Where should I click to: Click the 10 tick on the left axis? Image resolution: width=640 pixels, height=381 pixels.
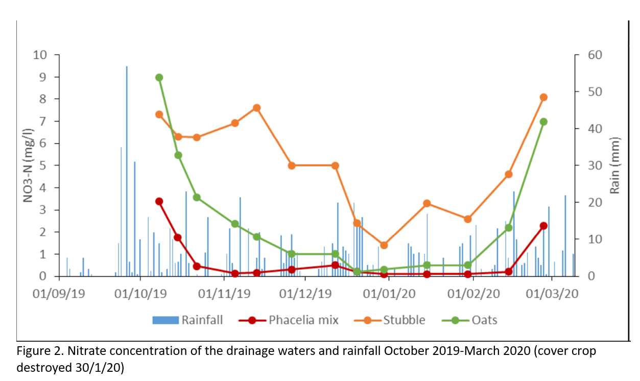pos(40,55)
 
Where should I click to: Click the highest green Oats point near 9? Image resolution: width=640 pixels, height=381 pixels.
pos(159,78)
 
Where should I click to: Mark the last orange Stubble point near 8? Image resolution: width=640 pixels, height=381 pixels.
pos(543,97)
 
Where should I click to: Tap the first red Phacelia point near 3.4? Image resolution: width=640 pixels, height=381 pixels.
pos(159,201)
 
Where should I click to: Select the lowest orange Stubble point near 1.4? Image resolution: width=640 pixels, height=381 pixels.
pos(384,245)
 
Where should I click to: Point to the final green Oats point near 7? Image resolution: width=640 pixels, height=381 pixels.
pos(543,122)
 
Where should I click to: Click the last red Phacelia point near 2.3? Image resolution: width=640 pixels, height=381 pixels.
pos(543,225)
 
